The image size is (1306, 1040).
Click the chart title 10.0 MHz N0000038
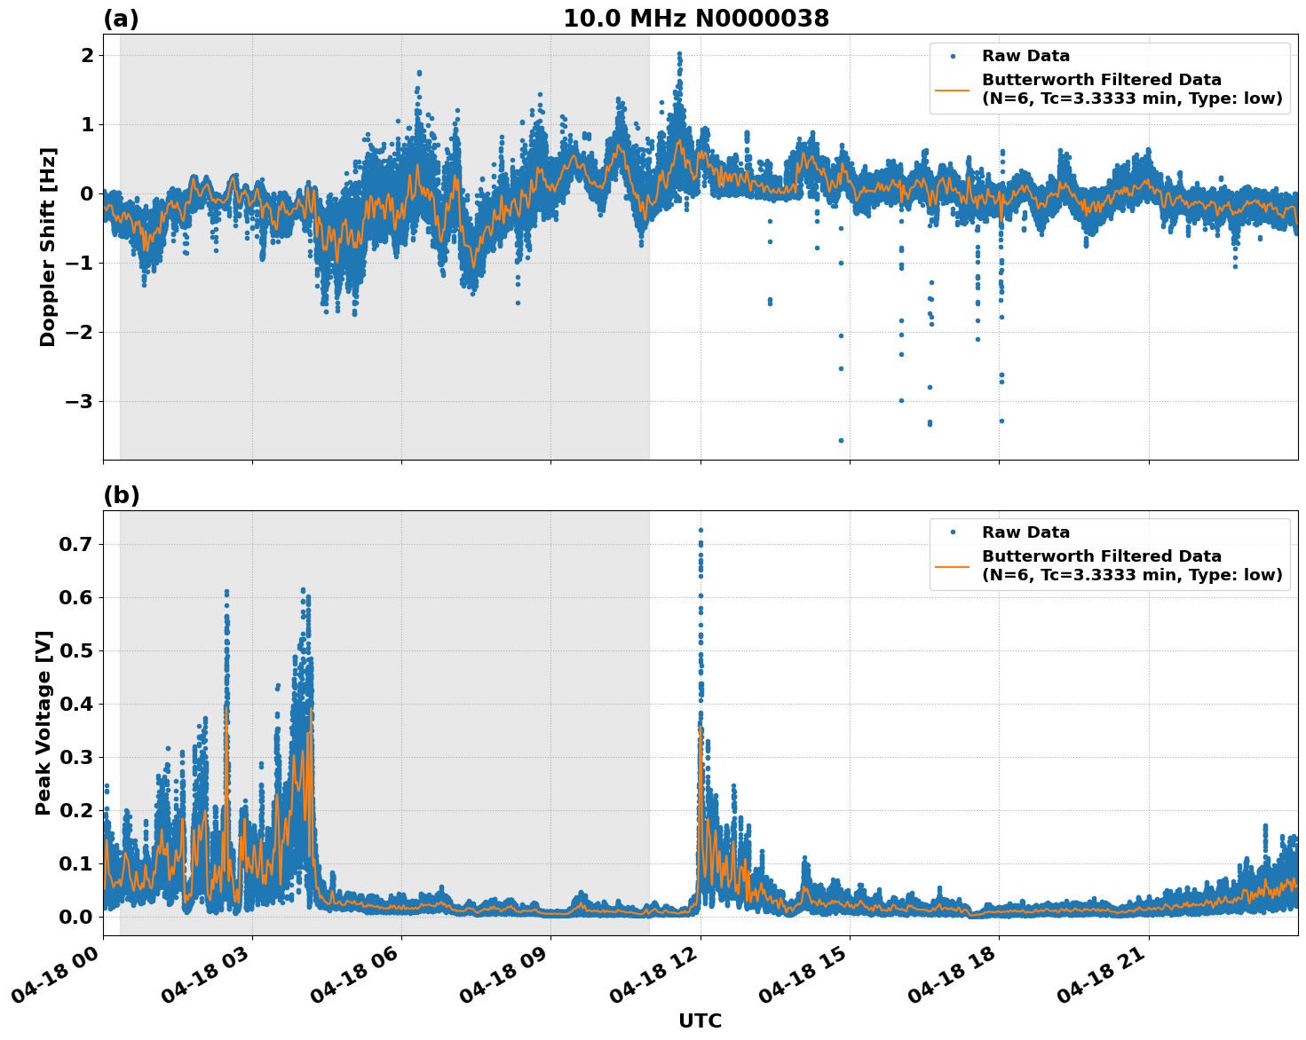pyautogui.click(x=696, y=19)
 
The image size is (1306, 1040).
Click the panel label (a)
pyautogui.click(x=121, y=19)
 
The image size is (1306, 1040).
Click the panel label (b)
pyautogui.click(x=121, y=495)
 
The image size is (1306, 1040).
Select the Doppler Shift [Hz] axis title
pyautogui.click(x=48, y=247)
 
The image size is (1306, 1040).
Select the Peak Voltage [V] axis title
pyautogui.click(x=44, y=722)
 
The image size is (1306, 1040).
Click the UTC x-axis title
pyautogui.click(x=700, y=1020)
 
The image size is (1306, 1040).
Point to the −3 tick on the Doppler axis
pyautogui.click(x=77, y=402)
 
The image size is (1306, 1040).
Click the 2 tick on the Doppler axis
pyautogui.click(x=88, y=55)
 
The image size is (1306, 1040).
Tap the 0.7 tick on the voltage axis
pyautogui.click(x=77, y=544)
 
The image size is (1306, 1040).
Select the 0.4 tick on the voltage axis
pyautogui.click(x=77, y=704)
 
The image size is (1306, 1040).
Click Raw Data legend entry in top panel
pyautogui.click(x=1025, y=56)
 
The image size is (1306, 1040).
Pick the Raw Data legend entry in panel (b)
pyautogui.click(x=1025, y=532)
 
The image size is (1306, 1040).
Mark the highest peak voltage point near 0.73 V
pyautogui.click(x=700, y=531)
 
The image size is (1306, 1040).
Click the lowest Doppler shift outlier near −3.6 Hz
pyautogui.click(x=841, y=440)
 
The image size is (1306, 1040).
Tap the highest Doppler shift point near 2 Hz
pyautogui.click(x=679, y=54)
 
